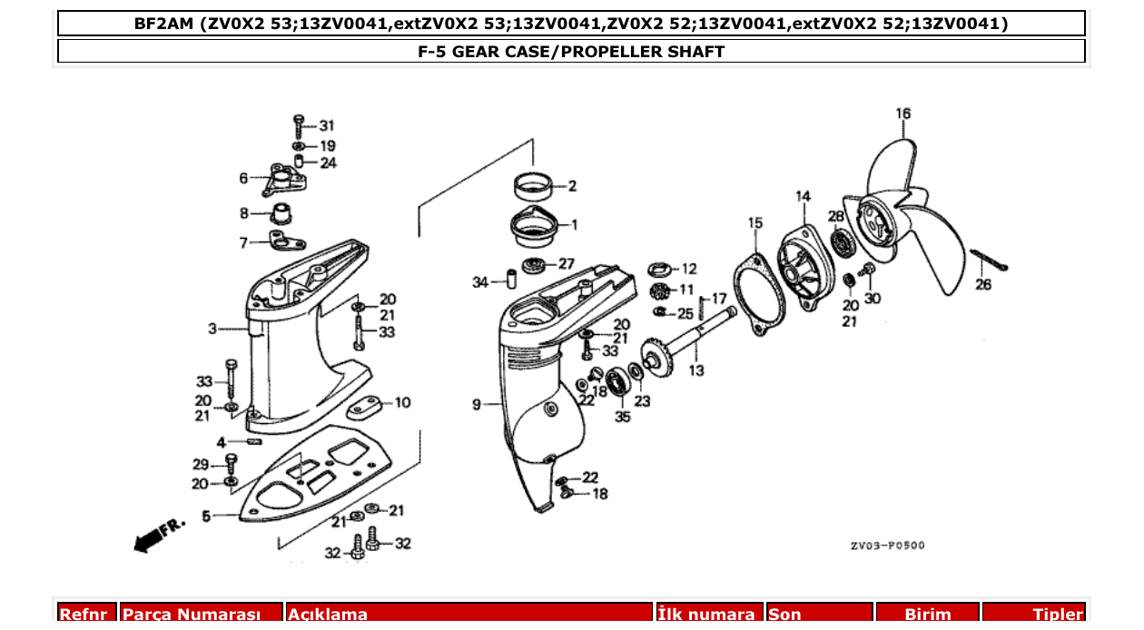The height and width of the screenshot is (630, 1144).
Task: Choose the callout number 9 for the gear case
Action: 477,405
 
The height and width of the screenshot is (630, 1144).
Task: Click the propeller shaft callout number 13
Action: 695,370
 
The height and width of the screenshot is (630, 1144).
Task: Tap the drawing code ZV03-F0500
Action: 887,546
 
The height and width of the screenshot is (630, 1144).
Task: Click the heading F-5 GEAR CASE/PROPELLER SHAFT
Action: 571,52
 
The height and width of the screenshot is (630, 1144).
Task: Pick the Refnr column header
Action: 87,615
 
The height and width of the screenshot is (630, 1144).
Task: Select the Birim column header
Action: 927,615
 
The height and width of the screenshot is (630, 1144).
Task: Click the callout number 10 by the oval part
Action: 402,402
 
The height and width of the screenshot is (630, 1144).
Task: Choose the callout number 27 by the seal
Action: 566,264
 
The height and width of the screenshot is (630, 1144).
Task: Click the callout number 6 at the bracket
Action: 243,178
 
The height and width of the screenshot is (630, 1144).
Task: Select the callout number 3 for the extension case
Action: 212,329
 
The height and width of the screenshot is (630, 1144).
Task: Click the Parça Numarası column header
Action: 202,615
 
